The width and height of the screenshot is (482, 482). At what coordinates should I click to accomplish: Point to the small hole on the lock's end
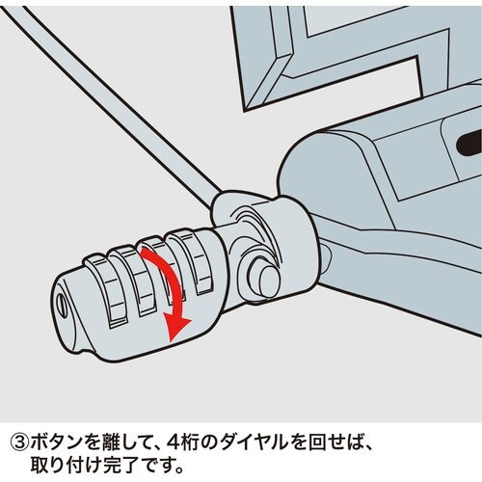click(64, 302)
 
